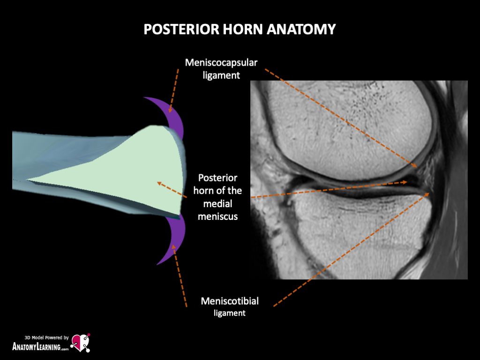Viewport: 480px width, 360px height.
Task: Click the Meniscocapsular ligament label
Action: [221, 68]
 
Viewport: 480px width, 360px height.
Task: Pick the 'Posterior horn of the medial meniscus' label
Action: [217, 197]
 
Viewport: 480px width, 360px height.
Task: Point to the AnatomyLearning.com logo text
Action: [40, 347]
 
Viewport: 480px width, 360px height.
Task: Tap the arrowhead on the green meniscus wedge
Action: [159, 182]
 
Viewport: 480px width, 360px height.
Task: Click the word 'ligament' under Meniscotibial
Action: [230, 313]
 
